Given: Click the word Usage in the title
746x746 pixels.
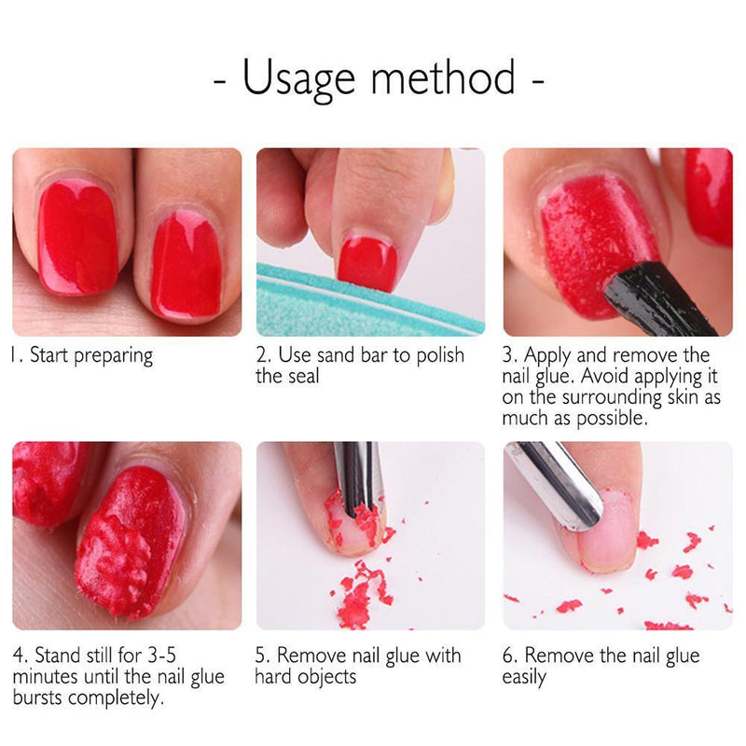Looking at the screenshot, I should pyautogui.click(x=297, y=78).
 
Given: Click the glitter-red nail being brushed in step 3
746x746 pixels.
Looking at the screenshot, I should pyautogui.click(x=597, y=242).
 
